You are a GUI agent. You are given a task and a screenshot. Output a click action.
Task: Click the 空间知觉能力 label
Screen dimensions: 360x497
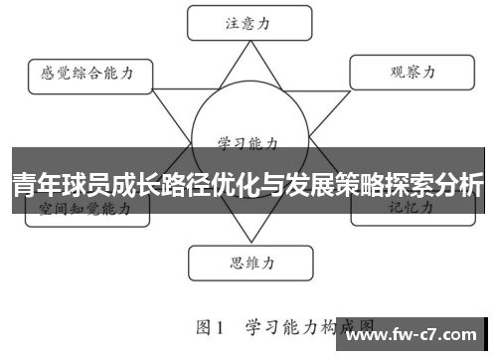tap(84, 210)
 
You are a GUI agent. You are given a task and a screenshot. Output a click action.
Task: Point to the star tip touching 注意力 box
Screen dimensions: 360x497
tap(243, 42)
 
